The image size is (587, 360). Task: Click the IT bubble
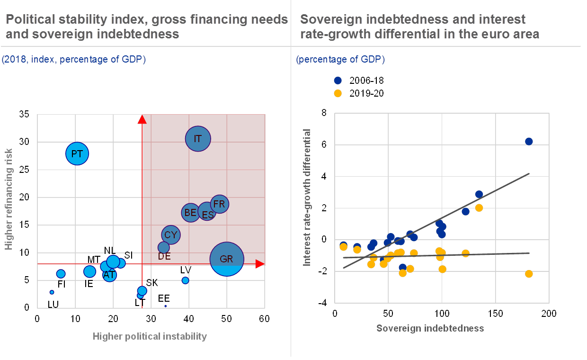(x=198, y=139)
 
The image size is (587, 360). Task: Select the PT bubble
(x=77, y=153)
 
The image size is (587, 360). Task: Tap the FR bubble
(x=219, y=204)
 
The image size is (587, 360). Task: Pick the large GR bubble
(x=227, y=259)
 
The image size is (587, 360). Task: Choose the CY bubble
(x=170, y=234)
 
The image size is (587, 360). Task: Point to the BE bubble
(x=190, y=213)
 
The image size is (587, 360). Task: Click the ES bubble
(x=207, y=215)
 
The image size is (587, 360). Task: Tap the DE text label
(x=164, y=256)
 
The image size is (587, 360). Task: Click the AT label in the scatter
(x=109, y=275)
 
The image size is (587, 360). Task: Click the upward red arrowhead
(x=142, y=119)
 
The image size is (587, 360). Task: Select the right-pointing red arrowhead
(x=260, y=264)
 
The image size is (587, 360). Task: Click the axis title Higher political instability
(x=150, y=336)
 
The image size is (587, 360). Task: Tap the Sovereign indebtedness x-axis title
(x=430, y=328)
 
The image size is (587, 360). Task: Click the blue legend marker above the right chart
(x=338, y=81)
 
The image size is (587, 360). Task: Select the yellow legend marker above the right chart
(x=338, y=93)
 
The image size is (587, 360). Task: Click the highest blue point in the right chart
(x=529, y=142)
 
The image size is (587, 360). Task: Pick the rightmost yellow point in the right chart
(x=529, y=274)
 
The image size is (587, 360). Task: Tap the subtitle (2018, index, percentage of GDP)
(x=73, y=60)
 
